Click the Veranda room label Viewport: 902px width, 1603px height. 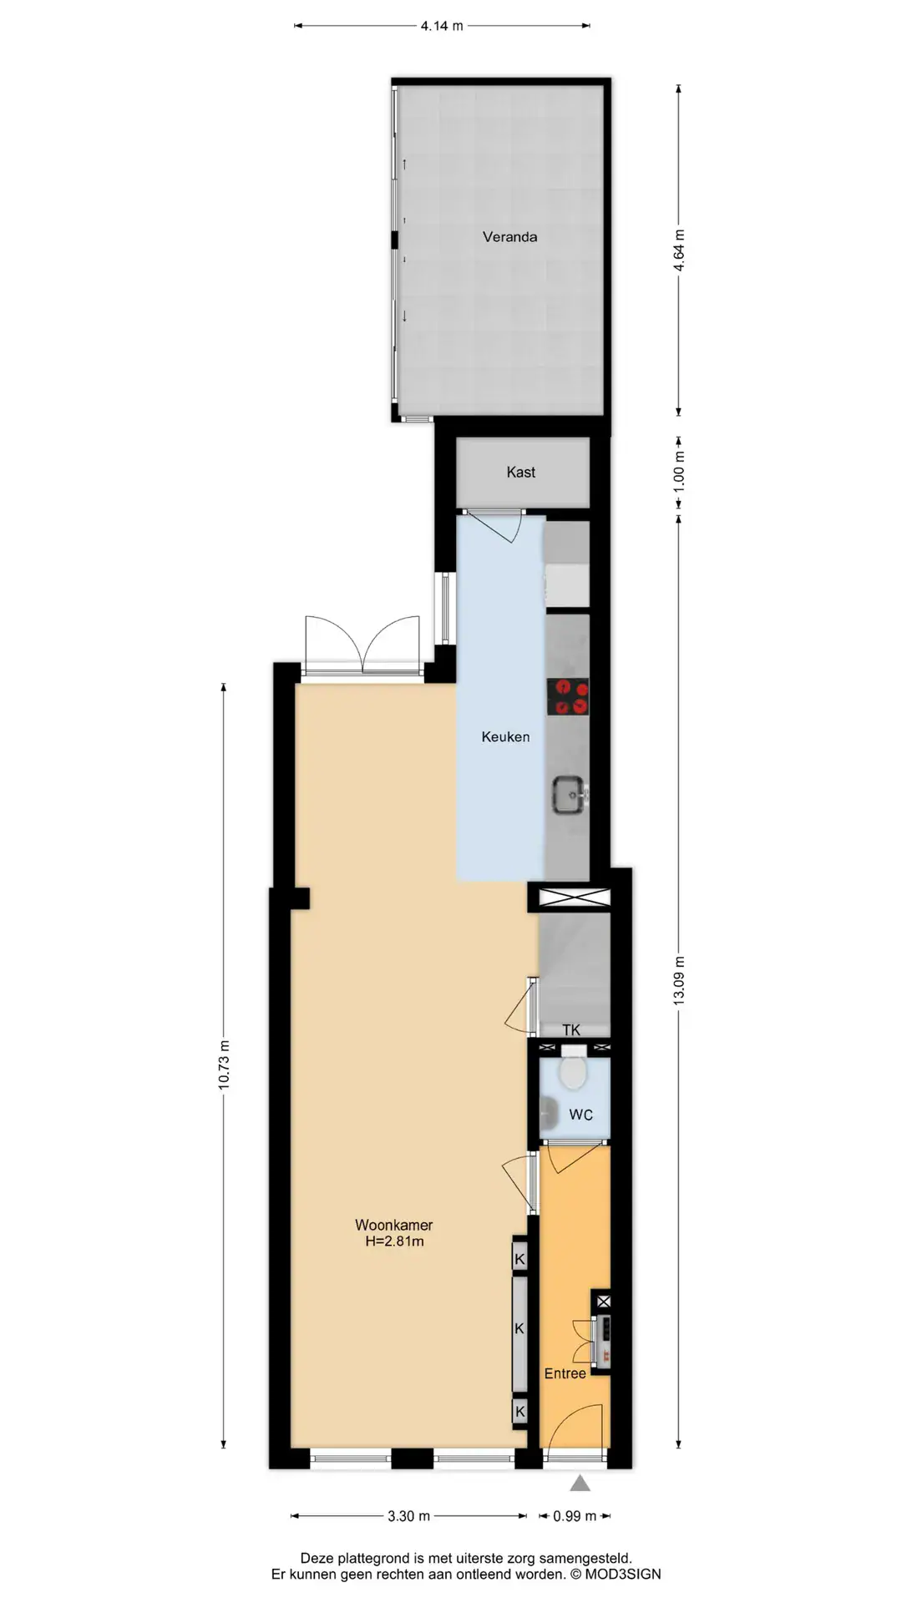(509, 237)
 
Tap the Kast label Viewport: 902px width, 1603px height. (520, 473)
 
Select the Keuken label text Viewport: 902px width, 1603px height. (505, 737)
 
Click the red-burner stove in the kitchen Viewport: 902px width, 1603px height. (568, 697)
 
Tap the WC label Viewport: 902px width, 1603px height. (581, 1115)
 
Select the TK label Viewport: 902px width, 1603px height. (571, 1030)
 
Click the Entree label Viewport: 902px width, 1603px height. (565, 1373)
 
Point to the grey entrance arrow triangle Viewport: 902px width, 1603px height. (580, 1484)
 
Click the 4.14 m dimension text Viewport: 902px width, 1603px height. (442, 26)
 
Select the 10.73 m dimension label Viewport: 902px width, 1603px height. (223, 1065)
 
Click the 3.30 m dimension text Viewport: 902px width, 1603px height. (409, 1516)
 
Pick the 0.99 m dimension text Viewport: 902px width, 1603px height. (575, 1516)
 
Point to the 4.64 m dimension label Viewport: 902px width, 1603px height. (679, 250)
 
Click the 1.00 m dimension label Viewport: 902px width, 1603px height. (679, 470)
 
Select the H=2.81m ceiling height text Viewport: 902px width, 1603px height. (394, 1241)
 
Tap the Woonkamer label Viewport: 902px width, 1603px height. (394, 1226)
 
